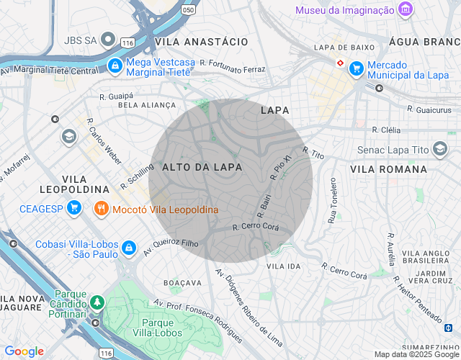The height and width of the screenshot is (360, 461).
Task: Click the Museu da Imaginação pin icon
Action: tap(406, 10)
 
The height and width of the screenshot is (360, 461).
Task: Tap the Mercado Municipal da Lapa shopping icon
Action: tap(356, 69)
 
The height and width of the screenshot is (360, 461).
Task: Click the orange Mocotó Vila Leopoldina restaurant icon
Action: tap(101, 210)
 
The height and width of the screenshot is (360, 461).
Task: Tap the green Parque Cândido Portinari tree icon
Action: tap(97, 302)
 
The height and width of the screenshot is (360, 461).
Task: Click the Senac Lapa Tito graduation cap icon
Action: tap(439, 150)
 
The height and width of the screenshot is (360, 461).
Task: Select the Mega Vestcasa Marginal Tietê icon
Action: tap(115, 66)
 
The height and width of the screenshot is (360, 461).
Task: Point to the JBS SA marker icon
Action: tap(107, 40)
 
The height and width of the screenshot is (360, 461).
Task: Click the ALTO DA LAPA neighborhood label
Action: tap(202, 167)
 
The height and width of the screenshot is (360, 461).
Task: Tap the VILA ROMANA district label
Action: tap(388, 169)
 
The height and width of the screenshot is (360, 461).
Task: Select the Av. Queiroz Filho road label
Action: tap(171, 247)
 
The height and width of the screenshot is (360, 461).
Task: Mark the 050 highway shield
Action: tap(188, 10)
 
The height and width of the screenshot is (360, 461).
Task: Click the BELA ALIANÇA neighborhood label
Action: tap(147, 105)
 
